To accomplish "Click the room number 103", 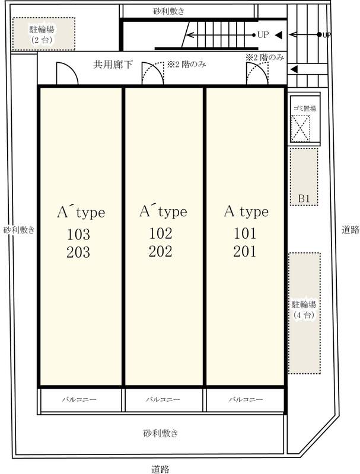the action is (x=78, y=234).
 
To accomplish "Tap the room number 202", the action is (x=160, y=251).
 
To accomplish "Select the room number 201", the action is (x=245, y=251).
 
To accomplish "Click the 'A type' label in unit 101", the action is (x=246, y=212).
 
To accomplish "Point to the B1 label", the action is (x=304, y=198).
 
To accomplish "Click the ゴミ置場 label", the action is (x=305, y=108).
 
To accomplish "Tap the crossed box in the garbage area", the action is (x=301, y=128).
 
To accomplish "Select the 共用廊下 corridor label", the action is (x=113, y=65).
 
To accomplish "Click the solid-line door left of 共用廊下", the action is (x=67, y=73).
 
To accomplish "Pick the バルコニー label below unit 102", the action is (x=163, y=399).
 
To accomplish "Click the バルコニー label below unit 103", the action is (x=79, y=399).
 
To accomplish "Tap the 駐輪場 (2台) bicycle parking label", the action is (x=42, y=34).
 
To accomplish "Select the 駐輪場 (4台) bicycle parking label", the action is (x=304, y=309).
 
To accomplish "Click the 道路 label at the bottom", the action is (x=160, y=469).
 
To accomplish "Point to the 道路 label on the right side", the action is (x=351, y=230).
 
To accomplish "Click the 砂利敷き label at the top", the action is (x=169, y=11).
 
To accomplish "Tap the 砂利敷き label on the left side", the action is (x=19, y=230).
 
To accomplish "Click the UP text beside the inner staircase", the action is (x=263, y=35).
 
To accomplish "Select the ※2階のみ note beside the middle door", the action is (x=187, y=65).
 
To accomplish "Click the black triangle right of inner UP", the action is (x=279, y=35).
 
